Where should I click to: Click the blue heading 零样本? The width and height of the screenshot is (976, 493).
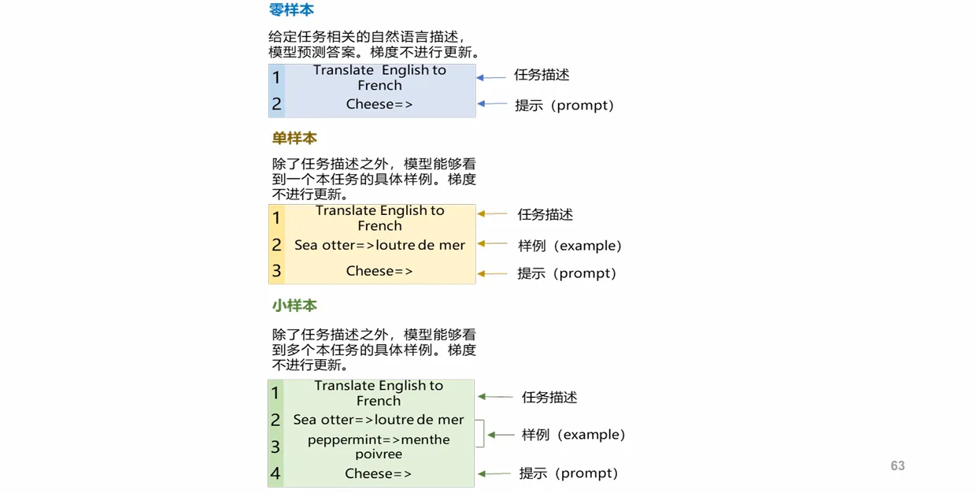[291, 9]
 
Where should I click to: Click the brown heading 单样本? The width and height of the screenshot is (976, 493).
[294, 138]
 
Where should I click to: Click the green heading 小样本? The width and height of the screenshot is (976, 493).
[294, 306]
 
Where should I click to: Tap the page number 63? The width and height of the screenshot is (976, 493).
[897, 465]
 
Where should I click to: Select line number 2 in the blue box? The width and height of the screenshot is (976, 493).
[276, 104]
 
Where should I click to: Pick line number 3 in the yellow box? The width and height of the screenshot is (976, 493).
[276, 271]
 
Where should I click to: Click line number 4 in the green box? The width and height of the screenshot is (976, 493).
[275, 473]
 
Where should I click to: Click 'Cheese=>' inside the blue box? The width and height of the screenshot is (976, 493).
[379, 104]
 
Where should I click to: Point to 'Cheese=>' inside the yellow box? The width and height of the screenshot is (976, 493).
[379, 271]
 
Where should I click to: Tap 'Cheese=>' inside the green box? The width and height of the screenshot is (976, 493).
[378, 473]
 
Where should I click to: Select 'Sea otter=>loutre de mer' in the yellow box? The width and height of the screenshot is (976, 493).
[379, 245]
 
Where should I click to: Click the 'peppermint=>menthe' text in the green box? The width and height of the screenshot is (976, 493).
[379, 439]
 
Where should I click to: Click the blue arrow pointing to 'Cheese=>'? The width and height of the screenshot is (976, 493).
[492, 104]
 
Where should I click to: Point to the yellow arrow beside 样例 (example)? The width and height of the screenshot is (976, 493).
[493, 243]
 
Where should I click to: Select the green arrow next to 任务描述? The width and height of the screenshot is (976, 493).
[495, 397]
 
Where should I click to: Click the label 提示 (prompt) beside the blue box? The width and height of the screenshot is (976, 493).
[564, 105]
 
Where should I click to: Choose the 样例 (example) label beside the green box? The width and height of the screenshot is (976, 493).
[573, 435]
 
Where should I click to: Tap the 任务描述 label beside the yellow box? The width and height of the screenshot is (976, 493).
[545, 214]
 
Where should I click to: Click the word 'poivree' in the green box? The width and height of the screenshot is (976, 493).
[379, 454]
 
